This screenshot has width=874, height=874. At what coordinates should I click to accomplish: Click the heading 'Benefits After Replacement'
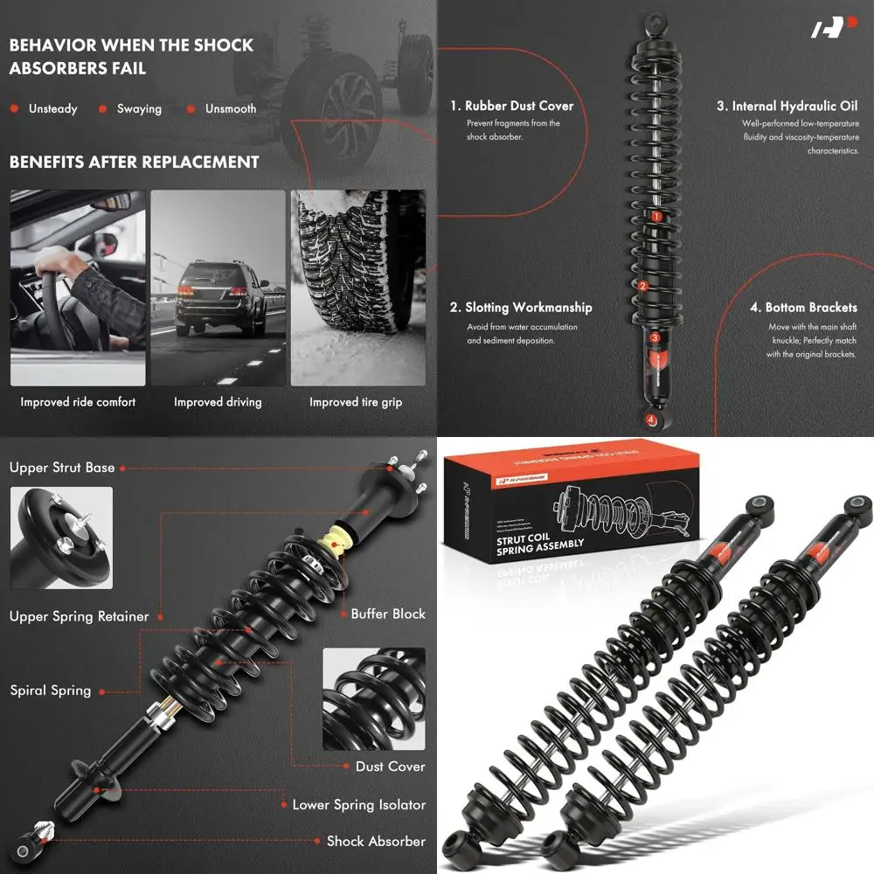(x=134, y=162)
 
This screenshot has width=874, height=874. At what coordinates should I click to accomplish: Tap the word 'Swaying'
(x=140, y=109)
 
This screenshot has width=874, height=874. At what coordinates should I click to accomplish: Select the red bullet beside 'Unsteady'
(x=15, y=109)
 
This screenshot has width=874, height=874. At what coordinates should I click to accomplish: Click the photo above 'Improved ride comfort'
(x=78, y=288)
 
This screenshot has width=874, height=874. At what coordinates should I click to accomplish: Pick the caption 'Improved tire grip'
(x=356, y=402)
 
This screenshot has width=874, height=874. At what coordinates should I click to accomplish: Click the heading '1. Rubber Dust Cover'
(x=512, y=106)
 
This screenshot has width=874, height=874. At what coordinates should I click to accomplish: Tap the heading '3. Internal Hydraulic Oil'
(x=787, y=106)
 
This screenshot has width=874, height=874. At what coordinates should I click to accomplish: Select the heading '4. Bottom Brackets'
(x=803, y=308)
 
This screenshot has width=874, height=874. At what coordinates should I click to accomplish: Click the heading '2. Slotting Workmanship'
(x=521, y=308)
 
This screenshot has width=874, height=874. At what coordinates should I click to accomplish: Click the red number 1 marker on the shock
(x=655, y=216)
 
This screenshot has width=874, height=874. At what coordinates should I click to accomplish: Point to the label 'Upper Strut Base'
(x=62, y=468)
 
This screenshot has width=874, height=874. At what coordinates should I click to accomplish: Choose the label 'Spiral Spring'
(x=51, y=690)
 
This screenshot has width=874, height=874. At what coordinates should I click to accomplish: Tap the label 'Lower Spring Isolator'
(x=358, y=804)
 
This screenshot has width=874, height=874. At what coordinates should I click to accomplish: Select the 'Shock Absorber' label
(x=376, y=841)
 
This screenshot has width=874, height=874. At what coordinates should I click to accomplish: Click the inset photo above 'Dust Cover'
(x=374, y=699)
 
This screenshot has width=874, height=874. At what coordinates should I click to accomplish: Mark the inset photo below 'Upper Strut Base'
(x=61, y=538)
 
